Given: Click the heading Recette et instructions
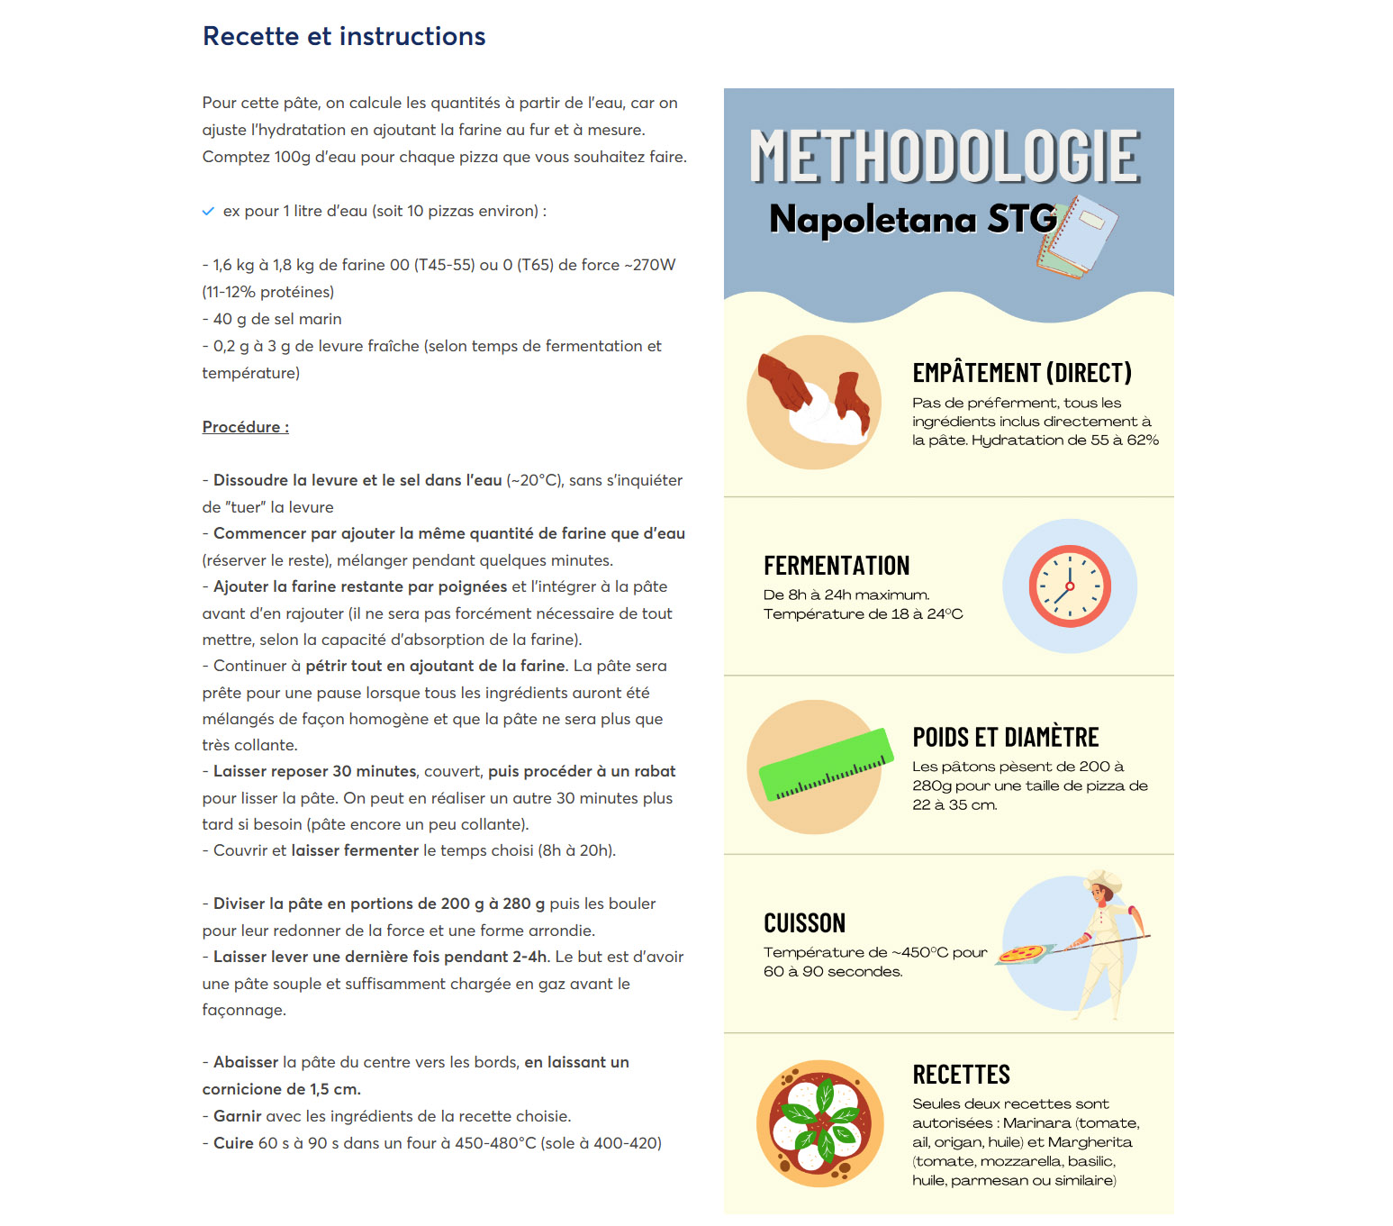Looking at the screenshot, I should pos(344,36).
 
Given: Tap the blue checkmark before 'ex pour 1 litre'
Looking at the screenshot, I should pos(208,211).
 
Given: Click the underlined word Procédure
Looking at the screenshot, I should pos(245,427).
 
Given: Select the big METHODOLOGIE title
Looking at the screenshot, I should pos(945,157).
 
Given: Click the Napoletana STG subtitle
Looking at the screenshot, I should pos(913,219).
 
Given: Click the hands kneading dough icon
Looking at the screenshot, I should pos(814,402).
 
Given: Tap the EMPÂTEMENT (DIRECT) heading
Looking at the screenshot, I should pos(1021,373).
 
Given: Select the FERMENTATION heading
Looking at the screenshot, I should pos(837,566).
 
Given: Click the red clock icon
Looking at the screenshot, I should pos(1070,586).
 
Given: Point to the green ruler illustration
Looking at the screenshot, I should pos(826,766).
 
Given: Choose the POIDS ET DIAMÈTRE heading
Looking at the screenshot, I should pos(1005,738).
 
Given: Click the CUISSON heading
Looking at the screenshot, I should pos(804,923).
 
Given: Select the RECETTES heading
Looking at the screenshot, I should pos(961,1075).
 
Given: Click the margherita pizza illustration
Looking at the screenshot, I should pos(819,1123).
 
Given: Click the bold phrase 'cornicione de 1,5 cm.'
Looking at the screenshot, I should pos(281,1089).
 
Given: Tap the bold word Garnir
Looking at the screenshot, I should pos(237,1116).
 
